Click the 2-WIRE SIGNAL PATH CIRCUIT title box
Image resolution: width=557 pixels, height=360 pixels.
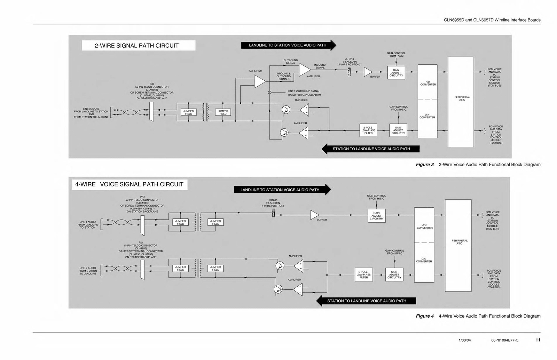pos(138,46)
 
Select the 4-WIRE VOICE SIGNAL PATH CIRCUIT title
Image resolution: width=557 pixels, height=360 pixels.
pos(129,184)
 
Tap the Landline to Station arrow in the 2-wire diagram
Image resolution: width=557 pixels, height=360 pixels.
pos(288,45)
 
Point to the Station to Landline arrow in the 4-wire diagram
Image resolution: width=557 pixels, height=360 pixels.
pos(366,301)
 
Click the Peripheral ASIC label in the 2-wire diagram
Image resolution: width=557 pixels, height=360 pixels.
pos(462,98)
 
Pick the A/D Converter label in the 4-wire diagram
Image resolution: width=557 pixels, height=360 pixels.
pos(424,226)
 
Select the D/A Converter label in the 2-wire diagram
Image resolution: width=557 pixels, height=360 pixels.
pos(427,116)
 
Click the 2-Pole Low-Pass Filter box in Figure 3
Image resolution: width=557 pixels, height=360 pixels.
pos(368,130)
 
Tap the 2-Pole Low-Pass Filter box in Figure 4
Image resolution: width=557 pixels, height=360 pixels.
pos(363,274)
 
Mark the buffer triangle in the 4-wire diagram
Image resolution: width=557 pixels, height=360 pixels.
pos(314,215)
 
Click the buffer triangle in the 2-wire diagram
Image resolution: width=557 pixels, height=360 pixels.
pos(368,72)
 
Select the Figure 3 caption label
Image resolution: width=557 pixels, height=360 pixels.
pos(425,165)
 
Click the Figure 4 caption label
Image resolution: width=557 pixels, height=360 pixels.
pos(425,316)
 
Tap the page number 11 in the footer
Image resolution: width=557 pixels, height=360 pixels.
pos(538,340)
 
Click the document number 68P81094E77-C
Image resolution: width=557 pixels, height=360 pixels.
pos(502,340)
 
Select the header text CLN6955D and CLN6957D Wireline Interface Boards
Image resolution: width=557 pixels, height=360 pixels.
pos(492,20)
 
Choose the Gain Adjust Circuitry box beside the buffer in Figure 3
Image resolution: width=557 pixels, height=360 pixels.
pos(396,73)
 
